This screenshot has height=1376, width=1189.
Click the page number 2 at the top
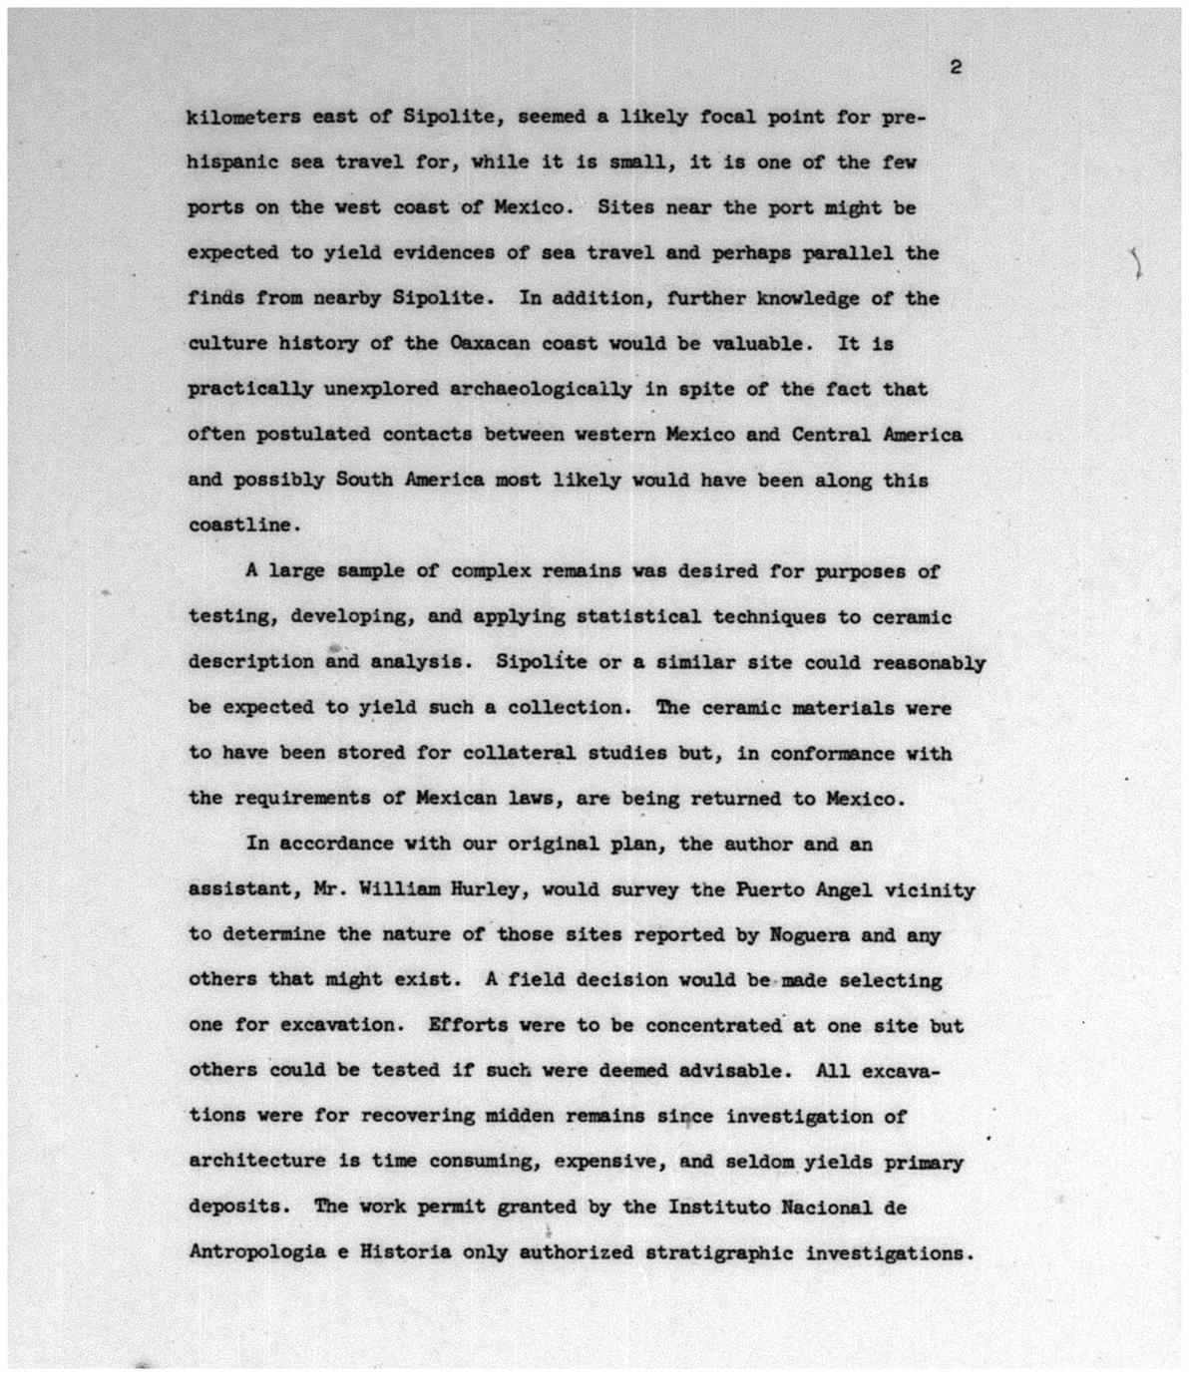click(955, 68)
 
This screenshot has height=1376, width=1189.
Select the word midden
click(519, 1116)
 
